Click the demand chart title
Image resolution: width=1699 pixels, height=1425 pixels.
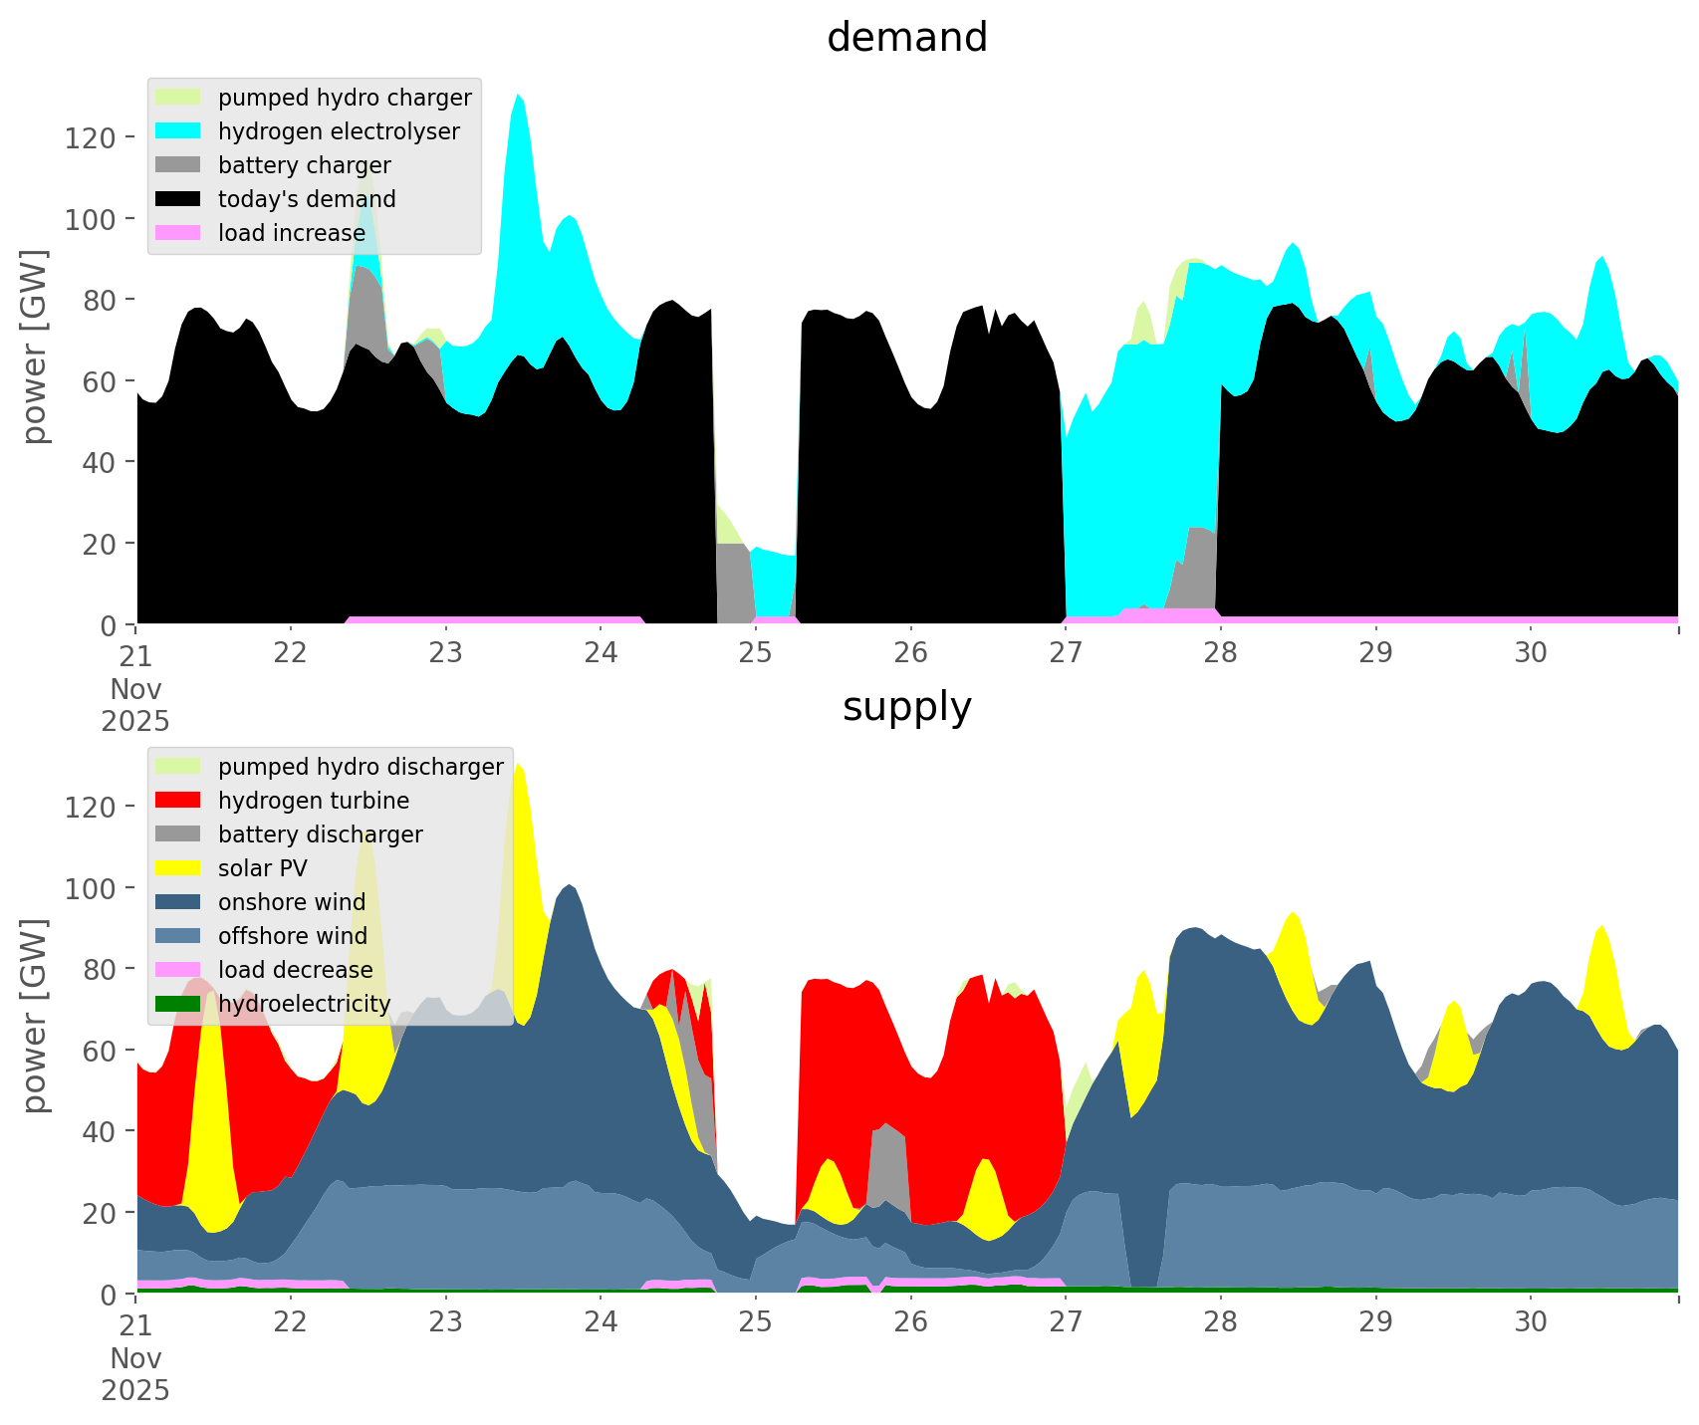[x=906, y=38]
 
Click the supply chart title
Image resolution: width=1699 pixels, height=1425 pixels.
[x=906, y=707]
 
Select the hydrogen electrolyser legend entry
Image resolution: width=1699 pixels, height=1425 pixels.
[x=339, y=131]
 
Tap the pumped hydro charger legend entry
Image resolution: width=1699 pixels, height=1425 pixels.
[x=345, y=98]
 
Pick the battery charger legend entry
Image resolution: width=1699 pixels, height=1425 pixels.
[x=304, y=165]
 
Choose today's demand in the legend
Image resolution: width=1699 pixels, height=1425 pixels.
[x=307, y=199]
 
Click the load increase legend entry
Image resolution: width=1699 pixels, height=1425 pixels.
[x=292, y=233]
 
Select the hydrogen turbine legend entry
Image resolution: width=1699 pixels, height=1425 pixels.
[x=314, y=801]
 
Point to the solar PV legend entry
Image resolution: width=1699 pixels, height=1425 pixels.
[x=263, y=868]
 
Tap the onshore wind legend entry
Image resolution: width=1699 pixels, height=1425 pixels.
[x=292, y=902]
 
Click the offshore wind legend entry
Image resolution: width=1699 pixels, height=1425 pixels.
[x=293, y=936]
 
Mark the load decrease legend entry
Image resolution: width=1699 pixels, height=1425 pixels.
[x=296, y=970]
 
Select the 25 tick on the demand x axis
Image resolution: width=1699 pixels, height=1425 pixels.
[x=756, y=653]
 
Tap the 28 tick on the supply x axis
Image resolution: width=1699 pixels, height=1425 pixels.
[x=1221, y=1322]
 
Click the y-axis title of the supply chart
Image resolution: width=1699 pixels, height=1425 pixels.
[x=36, y=1016]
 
